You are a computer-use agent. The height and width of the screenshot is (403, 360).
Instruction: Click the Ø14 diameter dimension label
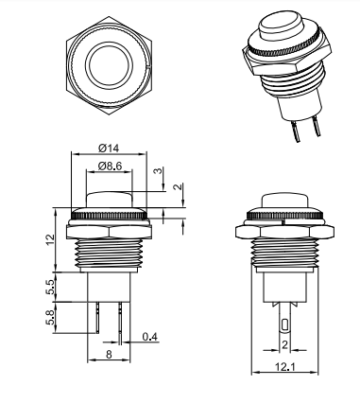[109, 148]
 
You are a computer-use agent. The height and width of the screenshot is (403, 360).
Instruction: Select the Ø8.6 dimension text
[110, 166]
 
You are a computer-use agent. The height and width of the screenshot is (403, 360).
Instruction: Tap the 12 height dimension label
[50, 240]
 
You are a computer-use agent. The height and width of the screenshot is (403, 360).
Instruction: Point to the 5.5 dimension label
[50, 287]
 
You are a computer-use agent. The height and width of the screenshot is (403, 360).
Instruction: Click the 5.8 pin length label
[50, 318]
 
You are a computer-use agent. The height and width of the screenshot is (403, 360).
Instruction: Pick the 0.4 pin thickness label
[149, 337]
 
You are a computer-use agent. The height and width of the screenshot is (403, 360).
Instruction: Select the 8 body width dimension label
[109, 355]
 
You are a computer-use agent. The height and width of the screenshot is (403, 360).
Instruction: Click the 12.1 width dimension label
[285, 367]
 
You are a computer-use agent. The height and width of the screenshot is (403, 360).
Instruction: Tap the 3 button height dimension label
[158, 171]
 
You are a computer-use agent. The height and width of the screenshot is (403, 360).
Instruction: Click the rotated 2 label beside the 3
[179, 186]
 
